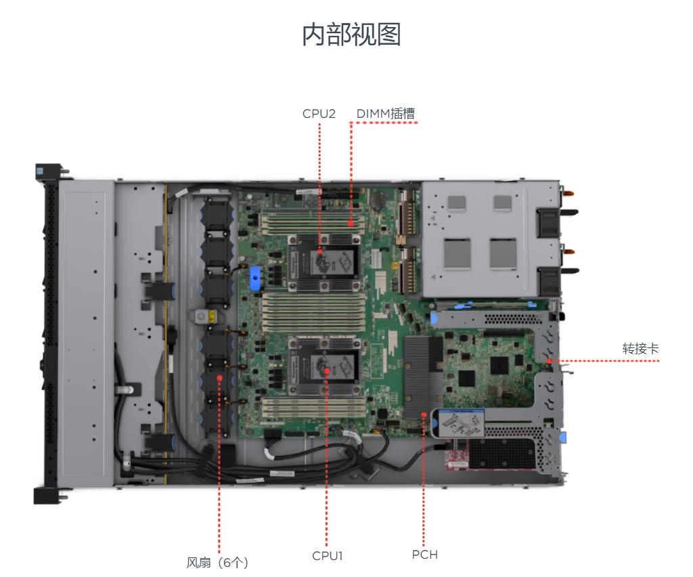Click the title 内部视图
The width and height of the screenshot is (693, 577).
(351, 35)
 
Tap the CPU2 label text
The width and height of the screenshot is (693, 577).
(319, 114)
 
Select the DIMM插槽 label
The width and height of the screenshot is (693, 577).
(385, 114)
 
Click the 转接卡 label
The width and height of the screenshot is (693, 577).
(640, 348)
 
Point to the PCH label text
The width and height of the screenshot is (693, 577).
(425, 555)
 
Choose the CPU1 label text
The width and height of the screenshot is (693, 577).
(328, 556)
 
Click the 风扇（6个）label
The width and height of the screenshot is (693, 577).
(217, 562)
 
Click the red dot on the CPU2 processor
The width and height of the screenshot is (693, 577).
(320, 251)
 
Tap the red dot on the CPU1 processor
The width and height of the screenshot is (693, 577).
(327, 370)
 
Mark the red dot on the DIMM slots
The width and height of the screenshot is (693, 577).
(351, 223)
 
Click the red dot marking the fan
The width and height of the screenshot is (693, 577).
(220, 378)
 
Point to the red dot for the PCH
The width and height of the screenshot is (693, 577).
(424, 414)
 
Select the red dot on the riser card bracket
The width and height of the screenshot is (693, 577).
(549, 361)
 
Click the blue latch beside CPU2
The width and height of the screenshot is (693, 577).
(255, 278)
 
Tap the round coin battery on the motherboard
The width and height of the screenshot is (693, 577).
(377, 201)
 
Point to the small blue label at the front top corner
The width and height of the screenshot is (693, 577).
(40, 171)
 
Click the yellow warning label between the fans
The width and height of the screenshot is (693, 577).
(212, 316)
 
